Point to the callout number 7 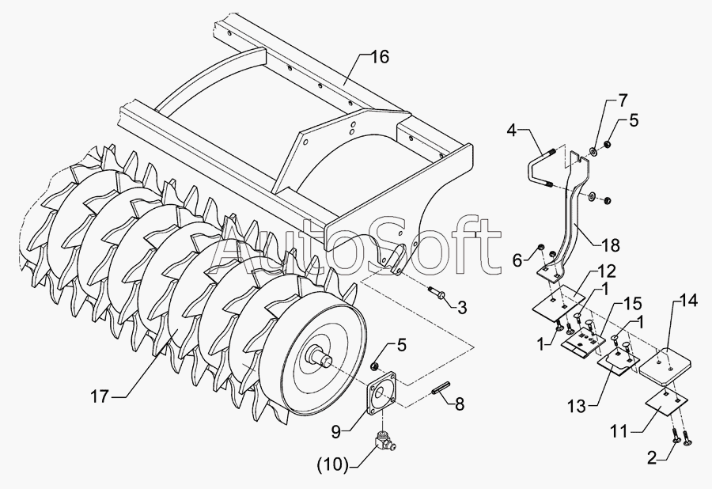(x=623, y=100)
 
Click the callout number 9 (x=336, y=431)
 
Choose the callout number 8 (x=457, y=403)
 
